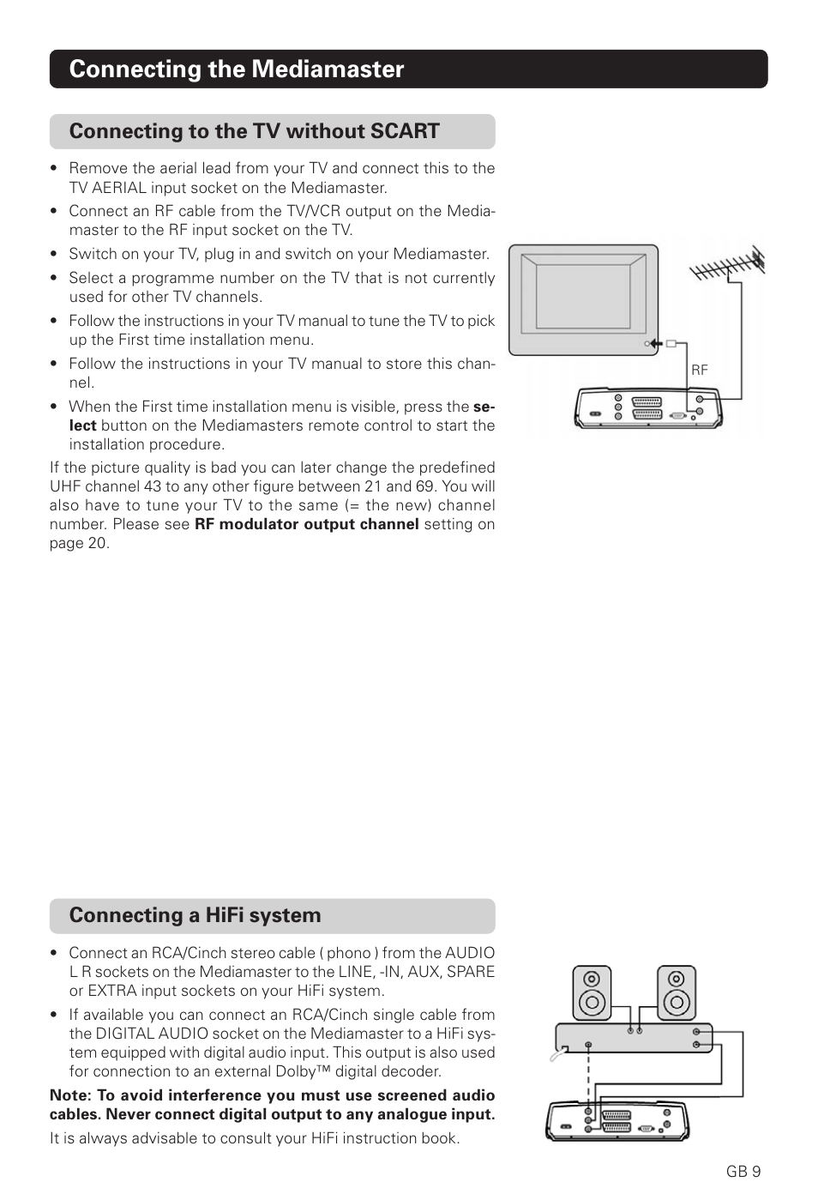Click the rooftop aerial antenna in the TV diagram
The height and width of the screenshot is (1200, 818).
tap(729, 267)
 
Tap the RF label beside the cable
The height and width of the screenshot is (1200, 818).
tap(700, 370)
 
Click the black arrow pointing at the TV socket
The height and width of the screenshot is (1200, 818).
tap(655, 344)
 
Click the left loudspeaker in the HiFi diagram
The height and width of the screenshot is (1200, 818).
tap(592, 993)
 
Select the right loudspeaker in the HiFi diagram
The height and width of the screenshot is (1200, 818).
tap(677, 993)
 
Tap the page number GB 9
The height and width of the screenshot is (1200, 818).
tap(743, 1172)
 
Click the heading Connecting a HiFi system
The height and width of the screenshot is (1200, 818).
tap(195, 915)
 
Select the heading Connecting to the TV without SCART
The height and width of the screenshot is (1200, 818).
tap(254, 131)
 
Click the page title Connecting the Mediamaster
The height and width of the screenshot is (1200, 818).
tap(236, 69)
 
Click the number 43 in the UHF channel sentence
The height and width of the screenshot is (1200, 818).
tap(152, 486)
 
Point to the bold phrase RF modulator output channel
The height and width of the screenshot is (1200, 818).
tap(306, 524)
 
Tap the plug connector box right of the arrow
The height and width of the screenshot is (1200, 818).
tap(671, 344)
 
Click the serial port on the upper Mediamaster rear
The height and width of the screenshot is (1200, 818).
tap(677, 414)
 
